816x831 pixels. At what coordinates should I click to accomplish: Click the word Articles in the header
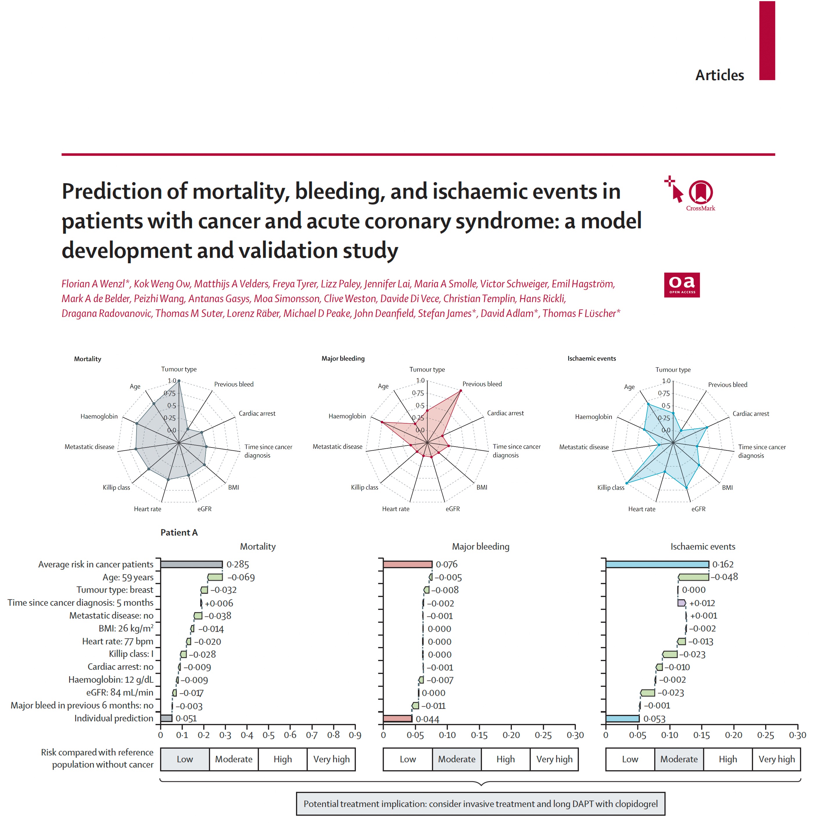pyautogui.click(x=719, y=76)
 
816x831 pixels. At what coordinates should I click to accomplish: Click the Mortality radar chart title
pyautogui.click(x=87, y=359)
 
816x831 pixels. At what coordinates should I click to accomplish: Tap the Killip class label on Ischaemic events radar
pyautogui.click(x=610, y=488)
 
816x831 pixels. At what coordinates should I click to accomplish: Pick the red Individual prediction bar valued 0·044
pyautogui.click(x=397, y=718)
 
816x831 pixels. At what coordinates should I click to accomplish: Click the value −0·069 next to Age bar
pyautogui.click(x=241, y=577)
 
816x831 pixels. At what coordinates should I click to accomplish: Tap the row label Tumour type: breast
pyautogui.click(x=114, y=590)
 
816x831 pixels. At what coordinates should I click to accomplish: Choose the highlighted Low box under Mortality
pyautogui.click(x=185, y=759)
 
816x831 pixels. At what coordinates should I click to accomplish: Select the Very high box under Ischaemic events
pyautogui.click(x=776, y=759)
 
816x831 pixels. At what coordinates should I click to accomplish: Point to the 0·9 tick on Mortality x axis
pyautogui.click(x=355, y=735)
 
